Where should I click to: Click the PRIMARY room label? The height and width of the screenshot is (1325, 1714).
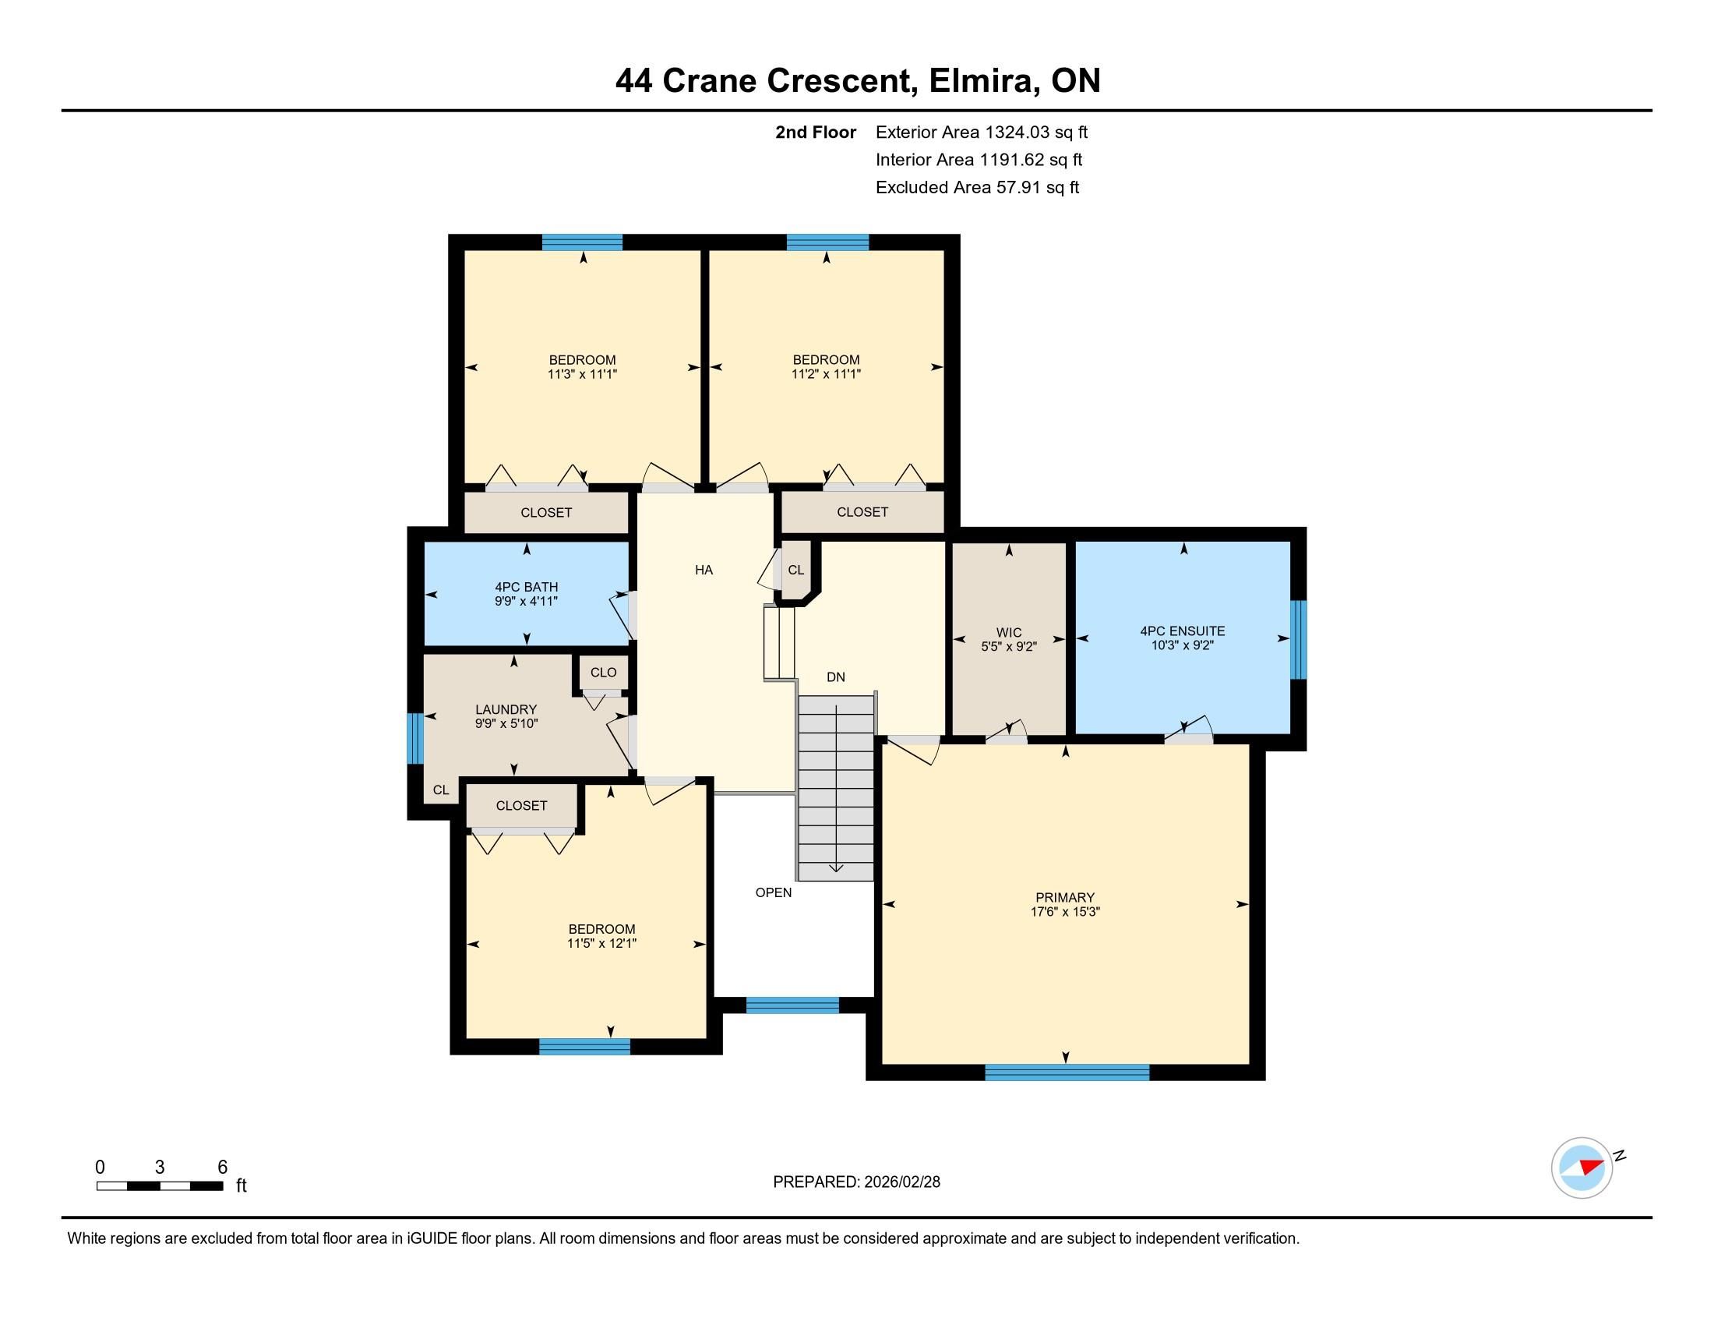click(x=1064, y=897)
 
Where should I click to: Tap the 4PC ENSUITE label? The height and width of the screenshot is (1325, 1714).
click(x=1182, y=631)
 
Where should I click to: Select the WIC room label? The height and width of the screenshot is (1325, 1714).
click(x=1008, y=633)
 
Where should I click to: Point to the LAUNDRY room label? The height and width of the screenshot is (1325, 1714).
click(x=506, y=709)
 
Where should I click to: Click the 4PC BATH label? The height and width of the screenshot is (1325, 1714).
click(x=526, y=587)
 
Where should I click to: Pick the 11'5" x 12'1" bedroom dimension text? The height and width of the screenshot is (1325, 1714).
click(x=601, y=944)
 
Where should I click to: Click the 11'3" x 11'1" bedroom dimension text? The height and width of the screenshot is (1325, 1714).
click(x=582, y=374)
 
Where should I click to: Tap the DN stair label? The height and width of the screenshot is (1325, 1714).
click(x=835, y=677)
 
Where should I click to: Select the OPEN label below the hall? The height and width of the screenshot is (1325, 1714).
click(x=773, y=892)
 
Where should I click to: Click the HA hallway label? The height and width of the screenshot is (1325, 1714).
click(x=704, y=570)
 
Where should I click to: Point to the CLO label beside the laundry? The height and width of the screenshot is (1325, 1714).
click(x=603, y=672)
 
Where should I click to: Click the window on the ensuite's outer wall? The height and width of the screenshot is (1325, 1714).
click(x=1299, y=639)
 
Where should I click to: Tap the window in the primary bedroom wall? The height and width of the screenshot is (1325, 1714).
click(x=1067, y=1072)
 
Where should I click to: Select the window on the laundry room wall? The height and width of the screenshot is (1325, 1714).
click(x=414, y=738)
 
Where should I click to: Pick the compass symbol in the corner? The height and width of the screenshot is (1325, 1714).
click(x=1582, y=1168)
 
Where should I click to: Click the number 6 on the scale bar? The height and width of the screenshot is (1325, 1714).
click(x=222, y=1167)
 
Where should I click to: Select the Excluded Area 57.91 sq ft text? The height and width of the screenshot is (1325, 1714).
click(x=977, y=188)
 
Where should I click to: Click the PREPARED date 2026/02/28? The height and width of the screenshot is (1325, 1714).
click(x=901, y=1182)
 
